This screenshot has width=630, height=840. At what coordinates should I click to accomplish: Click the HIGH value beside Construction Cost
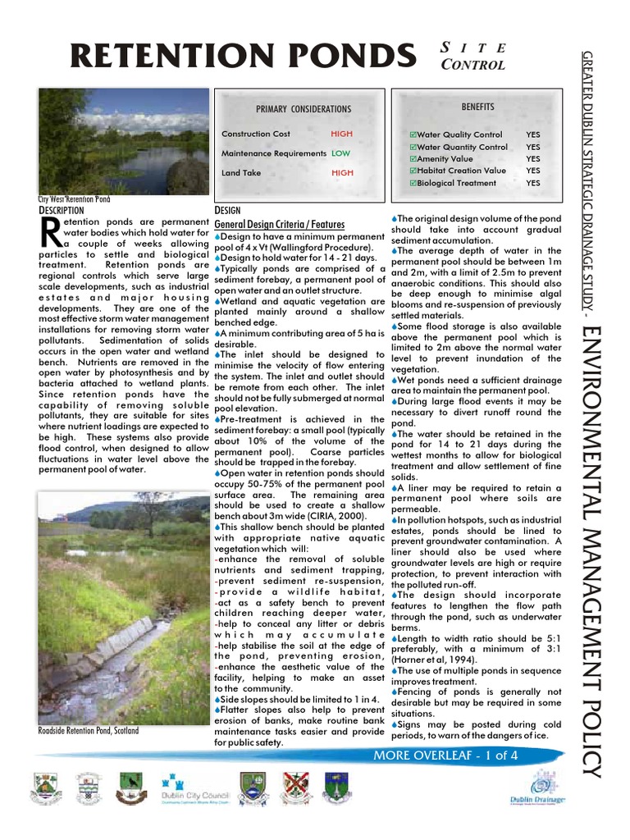point(341,134)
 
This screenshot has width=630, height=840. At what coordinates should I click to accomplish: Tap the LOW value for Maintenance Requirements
point(340,153)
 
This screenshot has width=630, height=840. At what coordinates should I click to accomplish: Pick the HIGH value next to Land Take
point(341,173)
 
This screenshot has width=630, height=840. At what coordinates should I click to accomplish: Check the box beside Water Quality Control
point(413,135)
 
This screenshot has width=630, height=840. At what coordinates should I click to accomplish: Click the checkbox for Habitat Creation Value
point(413,171)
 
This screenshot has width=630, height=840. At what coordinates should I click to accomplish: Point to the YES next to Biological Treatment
point(532,183)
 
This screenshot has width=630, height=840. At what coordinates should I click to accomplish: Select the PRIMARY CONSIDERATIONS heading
point(303,109)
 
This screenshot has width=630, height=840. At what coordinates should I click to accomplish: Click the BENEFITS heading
point(477,107)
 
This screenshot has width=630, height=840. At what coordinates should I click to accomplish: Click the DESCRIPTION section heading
point(62,211)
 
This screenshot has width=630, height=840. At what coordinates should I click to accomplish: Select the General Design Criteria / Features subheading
point(279,224)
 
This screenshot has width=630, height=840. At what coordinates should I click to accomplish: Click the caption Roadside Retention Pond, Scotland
point(88,731)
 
